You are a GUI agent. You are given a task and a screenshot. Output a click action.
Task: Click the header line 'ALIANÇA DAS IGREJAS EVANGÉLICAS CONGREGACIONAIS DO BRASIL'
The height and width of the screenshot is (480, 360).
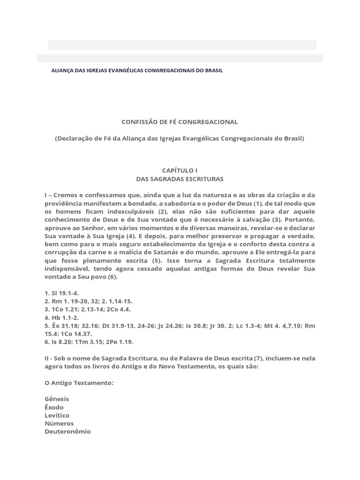pos(136,71)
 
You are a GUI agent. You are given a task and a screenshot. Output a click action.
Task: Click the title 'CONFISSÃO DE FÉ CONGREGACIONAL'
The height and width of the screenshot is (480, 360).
pos(180,122)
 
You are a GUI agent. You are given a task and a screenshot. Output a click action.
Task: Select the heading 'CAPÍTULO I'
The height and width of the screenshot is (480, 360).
pos(180,171)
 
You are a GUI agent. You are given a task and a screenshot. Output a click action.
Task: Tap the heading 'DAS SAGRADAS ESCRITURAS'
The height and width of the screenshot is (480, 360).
pos(180,179)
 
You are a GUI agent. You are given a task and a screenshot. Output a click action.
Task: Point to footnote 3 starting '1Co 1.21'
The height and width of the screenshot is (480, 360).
pos(91,309)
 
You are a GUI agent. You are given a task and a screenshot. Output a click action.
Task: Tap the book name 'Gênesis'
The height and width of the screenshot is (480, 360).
pos(57,399)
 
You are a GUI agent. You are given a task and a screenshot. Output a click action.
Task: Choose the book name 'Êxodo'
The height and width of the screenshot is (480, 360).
pos(54,407)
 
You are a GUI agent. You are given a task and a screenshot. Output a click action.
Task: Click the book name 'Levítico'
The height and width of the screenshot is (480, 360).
pos(57,415)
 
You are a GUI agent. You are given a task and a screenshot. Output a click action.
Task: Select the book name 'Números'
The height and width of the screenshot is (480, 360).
pos(59,423)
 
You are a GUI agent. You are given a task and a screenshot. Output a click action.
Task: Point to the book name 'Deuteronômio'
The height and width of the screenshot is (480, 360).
pos(67,432)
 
